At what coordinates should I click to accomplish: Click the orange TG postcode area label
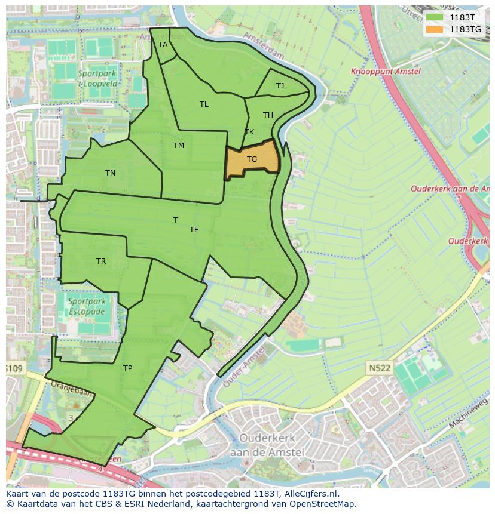coord(252,159)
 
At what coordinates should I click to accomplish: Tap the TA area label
coord(163,45)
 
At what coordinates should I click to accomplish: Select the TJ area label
coord(280,86)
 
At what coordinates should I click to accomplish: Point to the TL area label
coord(204,104)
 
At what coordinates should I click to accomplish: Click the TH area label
coord(268,115)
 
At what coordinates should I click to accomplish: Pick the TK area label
coord(249,132)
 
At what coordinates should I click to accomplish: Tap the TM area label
coord(179,146)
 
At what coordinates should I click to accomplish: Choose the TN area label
coord(110,173)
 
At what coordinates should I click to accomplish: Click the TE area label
coord(194,230)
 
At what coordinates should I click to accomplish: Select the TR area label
coord(101,261)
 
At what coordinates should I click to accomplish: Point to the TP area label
coord(127,368)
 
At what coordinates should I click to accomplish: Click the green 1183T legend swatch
coord(435,17)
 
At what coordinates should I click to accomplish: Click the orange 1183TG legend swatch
coord(435,29)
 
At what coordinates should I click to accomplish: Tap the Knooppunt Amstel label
coord(386,72)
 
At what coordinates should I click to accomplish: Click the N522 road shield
coord(379,368)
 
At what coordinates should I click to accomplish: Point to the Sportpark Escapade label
coord(86,307)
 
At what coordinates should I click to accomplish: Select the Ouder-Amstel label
coord(244,365)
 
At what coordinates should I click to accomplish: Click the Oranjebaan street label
coord(72,393)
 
